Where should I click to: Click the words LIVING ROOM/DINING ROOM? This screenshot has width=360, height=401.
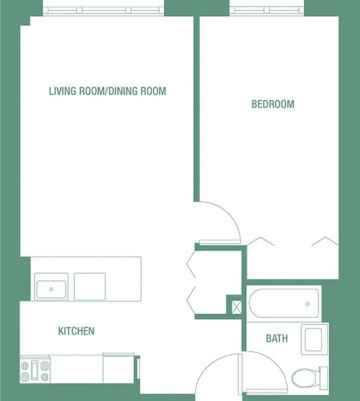[107, 91]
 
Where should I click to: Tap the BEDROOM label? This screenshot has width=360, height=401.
[272, 104]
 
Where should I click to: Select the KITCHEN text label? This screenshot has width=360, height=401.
[76, 331]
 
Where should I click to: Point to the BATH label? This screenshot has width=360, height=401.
[276, 338]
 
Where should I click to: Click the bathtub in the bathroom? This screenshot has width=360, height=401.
[284, 303]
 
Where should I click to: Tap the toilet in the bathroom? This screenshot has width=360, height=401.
[305, 378]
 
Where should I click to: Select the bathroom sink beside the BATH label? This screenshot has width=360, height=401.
[315, 339]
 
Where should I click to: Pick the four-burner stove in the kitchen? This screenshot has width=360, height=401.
[35, 370]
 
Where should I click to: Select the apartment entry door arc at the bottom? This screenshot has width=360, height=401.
[213, 371]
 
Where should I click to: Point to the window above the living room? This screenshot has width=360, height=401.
[104, 10]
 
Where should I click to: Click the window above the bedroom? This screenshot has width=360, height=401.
[266, 10]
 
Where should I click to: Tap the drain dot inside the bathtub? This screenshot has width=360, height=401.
[307, 304]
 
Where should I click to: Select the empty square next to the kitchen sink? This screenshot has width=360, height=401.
[90, 286]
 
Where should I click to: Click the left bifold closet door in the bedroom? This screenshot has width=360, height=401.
[260, 241]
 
